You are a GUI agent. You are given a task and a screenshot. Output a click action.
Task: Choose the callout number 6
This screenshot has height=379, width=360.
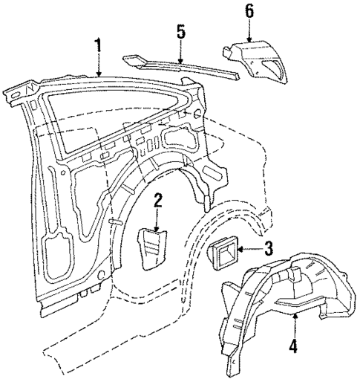[x=249, y=11]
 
